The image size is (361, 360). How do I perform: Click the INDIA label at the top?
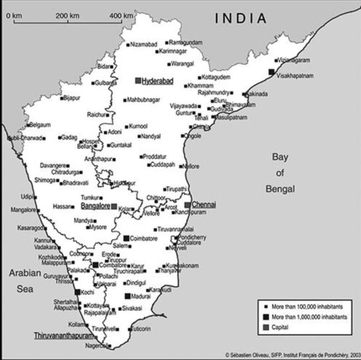241,18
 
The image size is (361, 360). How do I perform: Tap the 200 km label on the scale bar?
68,16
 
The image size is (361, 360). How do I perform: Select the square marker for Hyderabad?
138,81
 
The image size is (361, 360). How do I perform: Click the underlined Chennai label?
204,204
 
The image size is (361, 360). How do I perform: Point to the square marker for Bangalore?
114,207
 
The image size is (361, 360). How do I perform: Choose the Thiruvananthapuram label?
60,336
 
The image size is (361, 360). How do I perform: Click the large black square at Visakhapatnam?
272,71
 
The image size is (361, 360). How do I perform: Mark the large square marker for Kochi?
77,292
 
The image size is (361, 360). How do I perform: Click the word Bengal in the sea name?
280,189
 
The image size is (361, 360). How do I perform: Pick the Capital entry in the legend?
280,327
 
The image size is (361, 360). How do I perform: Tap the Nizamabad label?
143,44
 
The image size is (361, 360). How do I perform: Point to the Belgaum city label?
40,124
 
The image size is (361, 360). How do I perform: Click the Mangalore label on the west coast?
23,210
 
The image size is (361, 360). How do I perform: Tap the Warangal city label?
183,64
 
